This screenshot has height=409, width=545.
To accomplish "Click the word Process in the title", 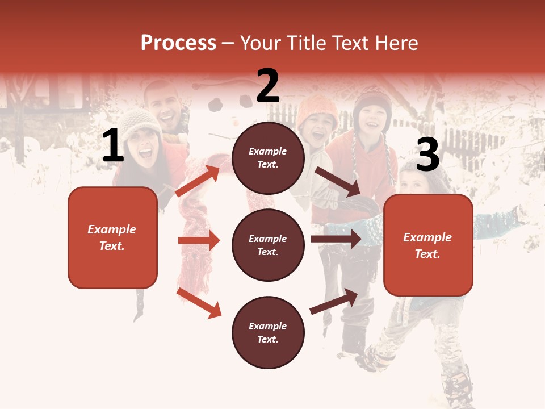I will click(178, 43).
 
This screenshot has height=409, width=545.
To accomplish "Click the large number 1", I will click(113, 146).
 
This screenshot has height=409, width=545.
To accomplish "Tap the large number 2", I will click(268, 86).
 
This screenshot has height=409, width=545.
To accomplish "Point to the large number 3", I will click(427, 155).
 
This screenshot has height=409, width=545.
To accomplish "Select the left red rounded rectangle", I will click(112, 237).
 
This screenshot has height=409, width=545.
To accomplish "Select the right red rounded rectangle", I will click(428, 245).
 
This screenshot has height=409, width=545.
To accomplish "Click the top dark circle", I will click(268, 158).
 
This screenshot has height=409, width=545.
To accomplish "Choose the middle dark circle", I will click(268, 245).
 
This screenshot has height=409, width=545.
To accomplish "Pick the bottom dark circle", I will click(268, 332).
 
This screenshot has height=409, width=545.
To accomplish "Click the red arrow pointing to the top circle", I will click(198, 181).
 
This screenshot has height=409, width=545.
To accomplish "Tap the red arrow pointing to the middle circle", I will click(199, 240).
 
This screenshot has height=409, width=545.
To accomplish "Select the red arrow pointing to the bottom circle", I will click(199, 302).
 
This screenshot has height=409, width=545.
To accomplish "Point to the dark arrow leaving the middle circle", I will click(336, 239).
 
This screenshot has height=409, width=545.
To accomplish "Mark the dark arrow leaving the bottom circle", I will click(334, 301).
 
